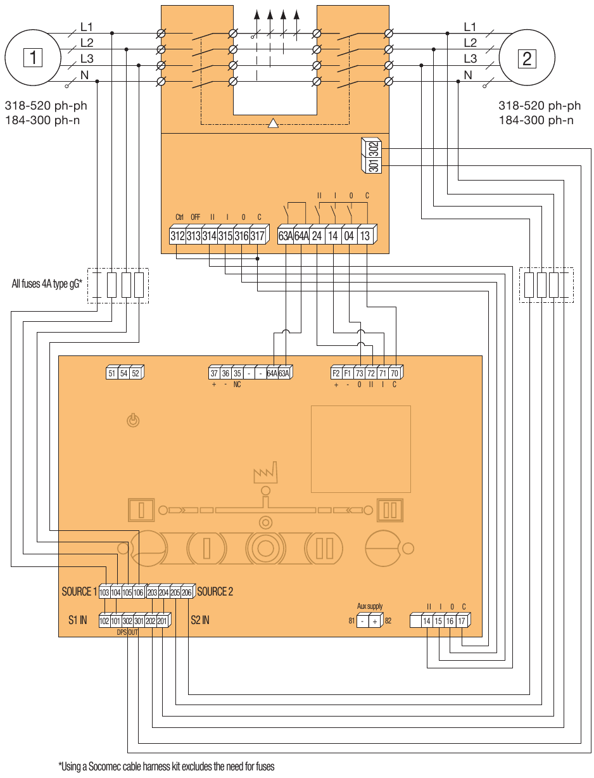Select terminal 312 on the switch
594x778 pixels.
177,236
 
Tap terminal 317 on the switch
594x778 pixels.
256,236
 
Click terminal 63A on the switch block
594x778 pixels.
286,236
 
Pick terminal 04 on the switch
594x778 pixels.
349,236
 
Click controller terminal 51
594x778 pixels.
112,373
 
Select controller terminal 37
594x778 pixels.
215,373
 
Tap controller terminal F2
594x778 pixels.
336,373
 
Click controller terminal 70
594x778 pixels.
394,373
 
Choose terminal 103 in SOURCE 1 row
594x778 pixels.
104,592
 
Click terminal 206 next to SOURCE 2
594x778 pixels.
186,592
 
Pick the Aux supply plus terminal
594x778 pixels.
374,622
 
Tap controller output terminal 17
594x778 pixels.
462,622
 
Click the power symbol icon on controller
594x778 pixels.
132,420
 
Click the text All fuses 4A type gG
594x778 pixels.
47,284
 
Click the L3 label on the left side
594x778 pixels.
87,59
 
